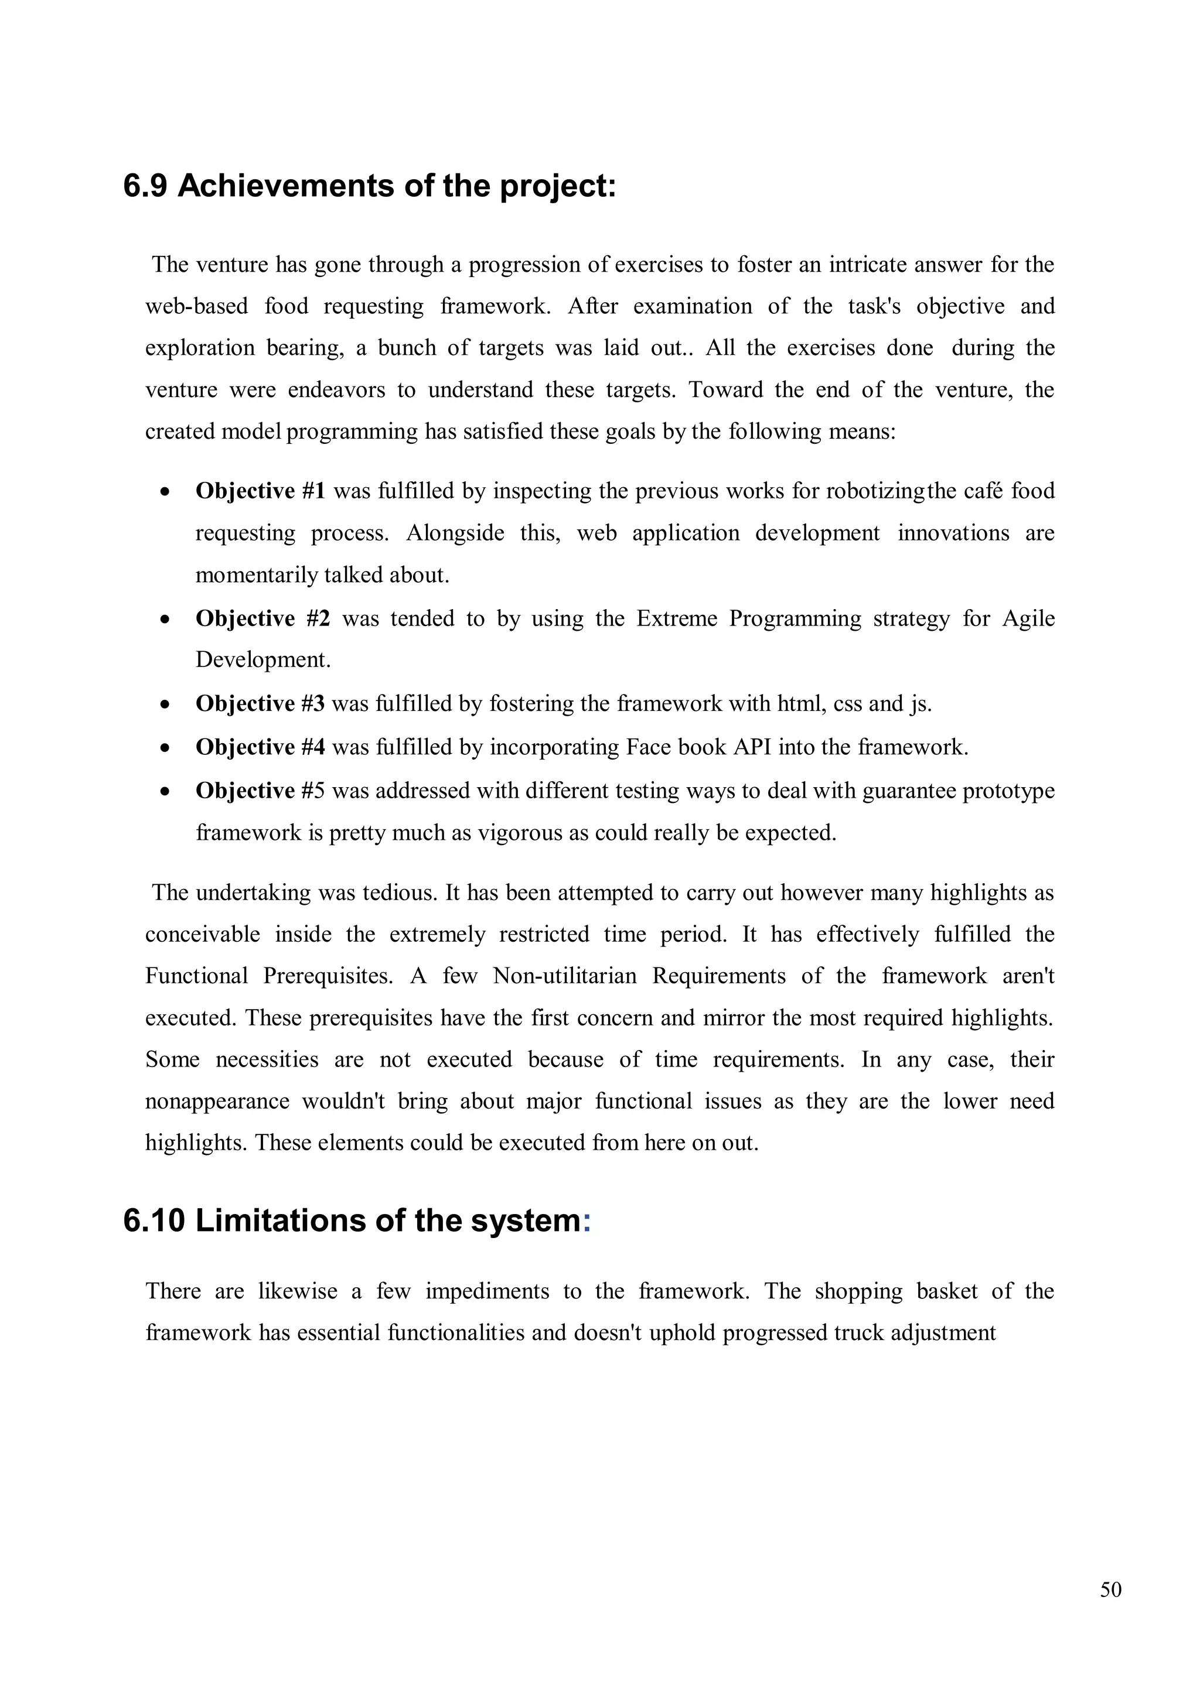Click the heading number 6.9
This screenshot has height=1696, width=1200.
point(145,186)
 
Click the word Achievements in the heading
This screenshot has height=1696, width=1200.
point(285,186)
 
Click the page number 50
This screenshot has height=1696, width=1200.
point(1110,1589)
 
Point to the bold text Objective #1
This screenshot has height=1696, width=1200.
point(260,491)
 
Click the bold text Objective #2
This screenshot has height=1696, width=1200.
point(262,618)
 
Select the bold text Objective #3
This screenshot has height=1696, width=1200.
point(260,703)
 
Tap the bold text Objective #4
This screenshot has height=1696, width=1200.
point(260,747)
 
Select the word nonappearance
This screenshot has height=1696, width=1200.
point(216,1102)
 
